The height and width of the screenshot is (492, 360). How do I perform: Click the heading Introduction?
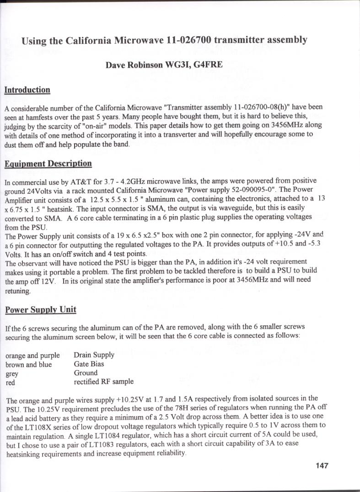point(27,90)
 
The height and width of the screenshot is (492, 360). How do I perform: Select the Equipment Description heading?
point(48,163)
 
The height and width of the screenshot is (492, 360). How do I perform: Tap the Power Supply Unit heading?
point(40,310)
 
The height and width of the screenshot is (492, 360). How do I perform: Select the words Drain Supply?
point(94,355)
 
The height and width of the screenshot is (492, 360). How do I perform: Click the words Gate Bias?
point(89,364)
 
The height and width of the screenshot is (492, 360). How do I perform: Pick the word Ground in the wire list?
point(86,373)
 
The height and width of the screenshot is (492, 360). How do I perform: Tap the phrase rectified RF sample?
point(103,381)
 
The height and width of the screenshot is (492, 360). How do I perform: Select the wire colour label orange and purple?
point(32,355)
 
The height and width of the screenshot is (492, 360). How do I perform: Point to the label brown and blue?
point(28,364)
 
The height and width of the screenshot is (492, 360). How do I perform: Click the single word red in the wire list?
point(10,382)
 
